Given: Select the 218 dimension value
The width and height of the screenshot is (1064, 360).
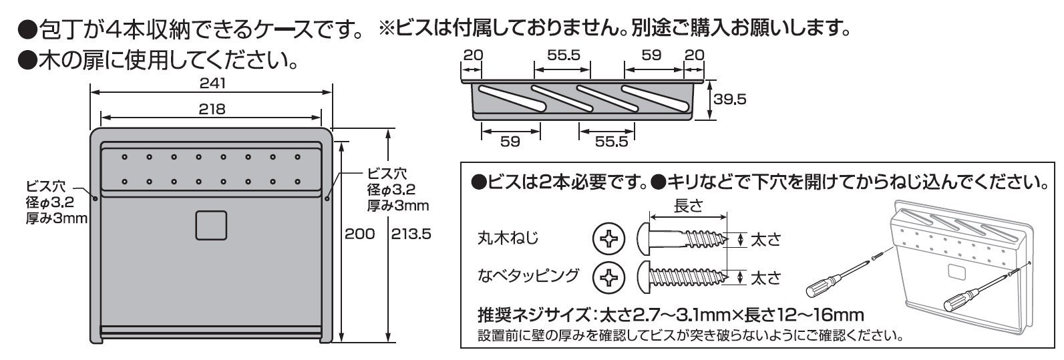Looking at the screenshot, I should [x=212, y=109].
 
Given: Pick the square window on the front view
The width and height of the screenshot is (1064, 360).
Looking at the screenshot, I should [x=211, y=225].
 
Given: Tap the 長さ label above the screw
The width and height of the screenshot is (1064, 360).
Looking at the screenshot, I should [x=688, y=206].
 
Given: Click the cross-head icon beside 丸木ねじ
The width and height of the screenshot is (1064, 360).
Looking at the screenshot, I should [x=608, y=239].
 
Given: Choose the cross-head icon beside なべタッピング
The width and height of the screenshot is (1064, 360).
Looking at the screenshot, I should [x=608, y=276].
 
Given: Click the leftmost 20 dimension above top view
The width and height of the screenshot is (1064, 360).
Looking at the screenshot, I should [x=472, y=55].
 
